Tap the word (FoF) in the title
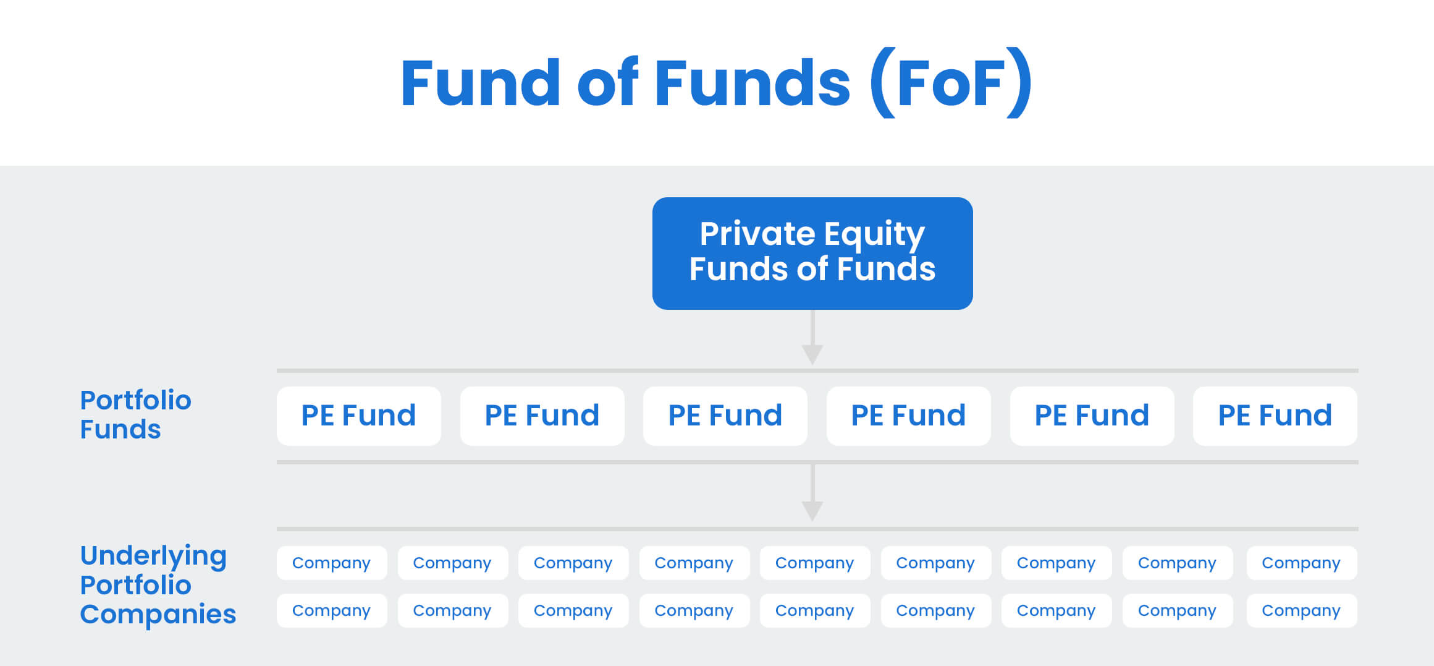click(950, 83)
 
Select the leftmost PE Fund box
click(358, 416)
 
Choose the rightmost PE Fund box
click(1275, 416)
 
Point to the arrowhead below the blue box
click(812, 354)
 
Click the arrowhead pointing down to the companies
click(812, 511)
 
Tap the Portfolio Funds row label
click(135, 414)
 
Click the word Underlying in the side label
click(153, 556)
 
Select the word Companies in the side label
click(158, 614)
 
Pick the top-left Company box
click(331, 563)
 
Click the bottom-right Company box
click(1301, 610)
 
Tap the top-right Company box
click(1301, 563)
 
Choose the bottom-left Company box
click(331, 610)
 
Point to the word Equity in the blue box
click(874, 235)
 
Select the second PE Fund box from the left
click(542, 416)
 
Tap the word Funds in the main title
click(752, 83)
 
